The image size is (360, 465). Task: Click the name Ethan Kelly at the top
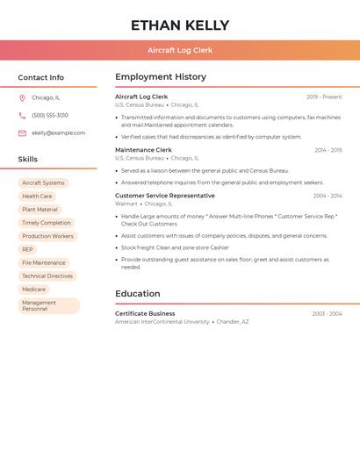pyautogui.click(x=180, y=25)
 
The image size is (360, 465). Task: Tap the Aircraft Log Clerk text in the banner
pyautogui.click(x=180, y=51)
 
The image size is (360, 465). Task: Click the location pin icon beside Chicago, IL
pyautogui.click(x=22, y=98)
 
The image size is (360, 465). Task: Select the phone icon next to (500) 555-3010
pyautogui.click(x=22, y=116)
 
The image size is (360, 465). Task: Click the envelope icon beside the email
pyautogui.click(x=22, y=133)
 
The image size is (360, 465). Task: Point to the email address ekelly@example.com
pyautogui.click(x=59, y=133)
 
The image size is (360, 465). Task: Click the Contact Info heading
pyautogui.click(x=41, y=77)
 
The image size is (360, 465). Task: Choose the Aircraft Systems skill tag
pyautogui.click(x=43, y=183)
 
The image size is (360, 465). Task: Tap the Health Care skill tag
pyautogui.click(x=37, y=197)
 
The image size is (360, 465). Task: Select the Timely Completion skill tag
pyautogui.click(x=47, y=223)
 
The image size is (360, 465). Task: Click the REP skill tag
pyautogui.click(x=27, y=249)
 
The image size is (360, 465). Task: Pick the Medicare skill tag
pyautogui.click(x=33, y=290)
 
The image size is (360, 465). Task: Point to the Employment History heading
pyautogui.click(x=161, y=77)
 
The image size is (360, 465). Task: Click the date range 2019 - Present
pyautogui.click(x=324, y=97)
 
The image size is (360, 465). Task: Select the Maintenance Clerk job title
pyautogui.click(x=143, y=150)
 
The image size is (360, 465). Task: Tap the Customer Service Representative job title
pyautogui.click(x=164, y=196)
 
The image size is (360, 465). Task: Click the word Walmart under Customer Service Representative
pyautogui.click(x=126, y=204)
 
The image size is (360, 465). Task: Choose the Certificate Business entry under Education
pyautogui.click(x=145, y=313)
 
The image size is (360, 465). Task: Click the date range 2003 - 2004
pyautogui.click(x=327, y=314)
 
